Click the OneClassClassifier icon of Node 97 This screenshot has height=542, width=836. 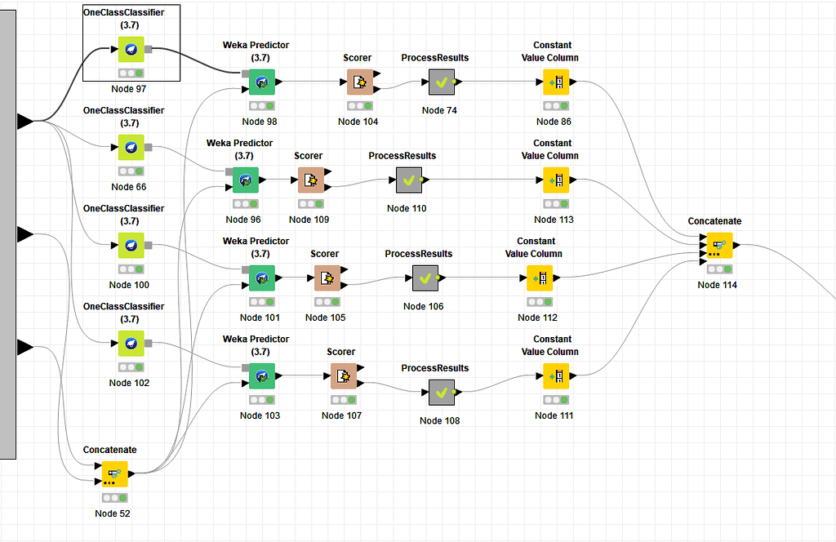click(x=130, y=49)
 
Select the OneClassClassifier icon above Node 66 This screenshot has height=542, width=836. click(x=130, y=147)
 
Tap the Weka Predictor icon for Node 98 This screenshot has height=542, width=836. click(x=262, y=82)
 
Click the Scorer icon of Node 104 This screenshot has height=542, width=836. click(x=360, y=82)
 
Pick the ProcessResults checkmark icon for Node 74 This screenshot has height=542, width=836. click(x=441, y=82)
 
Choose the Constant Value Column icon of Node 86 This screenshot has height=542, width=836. click(x=556, y=82)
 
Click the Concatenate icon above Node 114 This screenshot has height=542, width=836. click(x=719, y=245)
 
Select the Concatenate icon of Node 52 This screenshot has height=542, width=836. click(x=114, y=473)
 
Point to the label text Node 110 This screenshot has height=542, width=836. click(x=407, y=208)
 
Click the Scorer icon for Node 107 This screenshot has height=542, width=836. click(x=344, y=375)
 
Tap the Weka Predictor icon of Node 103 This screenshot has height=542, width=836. click(x=262, y=375)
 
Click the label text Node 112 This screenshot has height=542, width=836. click(x=537, y=318)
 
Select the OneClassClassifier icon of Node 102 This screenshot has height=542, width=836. click(x=130, y=343)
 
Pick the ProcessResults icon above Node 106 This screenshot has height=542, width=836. click(x=425, y=278)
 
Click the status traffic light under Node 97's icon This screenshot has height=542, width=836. click(x=130, y=73)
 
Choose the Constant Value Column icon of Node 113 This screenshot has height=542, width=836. click(x=556, y=180)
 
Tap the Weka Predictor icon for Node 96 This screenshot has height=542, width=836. click(x=246, y=180)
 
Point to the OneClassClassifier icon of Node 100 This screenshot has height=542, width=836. click(x=130, y=245)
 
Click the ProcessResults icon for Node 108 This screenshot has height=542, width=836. click(x=441, y=392)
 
